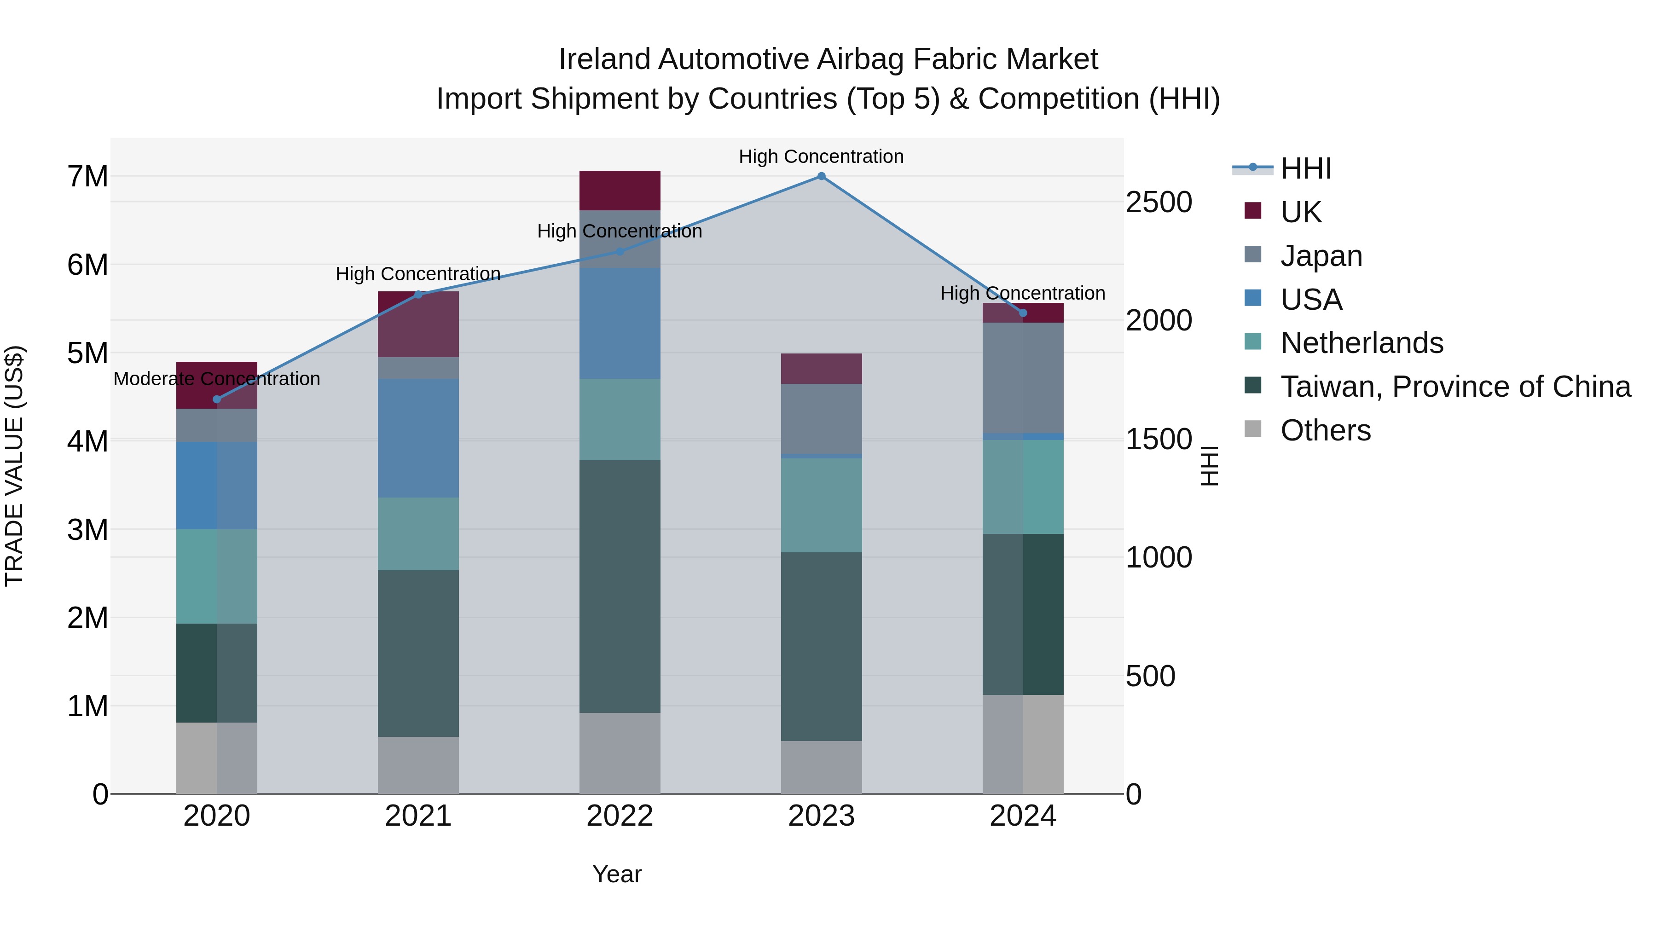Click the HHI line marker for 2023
(x=822, y=176)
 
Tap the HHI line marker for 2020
(x=217, y=399)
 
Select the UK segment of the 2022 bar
(x=620, y=191)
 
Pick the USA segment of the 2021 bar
(x=418, y=438)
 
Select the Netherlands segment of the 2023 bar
(x=822, y=505)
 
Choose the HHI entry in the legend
(x=1305, y=168)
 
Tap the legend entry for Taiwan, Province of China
(x=1455, y=387)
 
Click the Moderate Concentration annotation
(x=217, y=379)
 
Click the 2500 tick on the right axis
(x=1159, y=202)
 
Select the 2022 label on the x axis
(x=620, y=816)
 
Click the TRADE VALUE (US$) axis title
(x=14, y=466)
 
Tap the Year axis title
(x=617, y=874)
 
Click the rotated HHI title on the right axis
(x=1209, y=466)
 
